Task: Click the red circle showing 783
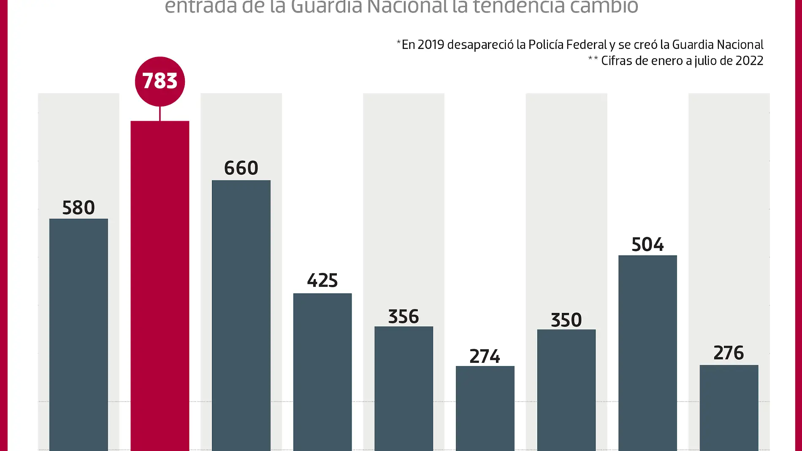pos(160,81)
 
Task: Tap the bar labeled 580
pos(79,334)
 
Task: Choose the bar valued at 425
pos(322,372)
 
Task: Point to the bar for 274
pos(485,408)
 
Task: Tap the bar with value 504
pos(648,353)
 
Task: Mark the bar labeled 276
pos(729,407)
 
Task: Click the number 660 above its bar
pos(241,168)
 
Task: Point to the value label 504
pos(648,245)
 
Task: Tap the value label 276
pos(729,353)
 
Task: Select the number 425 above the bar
pos(322,281)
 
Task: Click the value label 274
pos(485,356)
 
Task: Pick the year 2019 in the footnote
pos(431,44)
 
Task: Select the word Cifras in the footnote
pos(616,61)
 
